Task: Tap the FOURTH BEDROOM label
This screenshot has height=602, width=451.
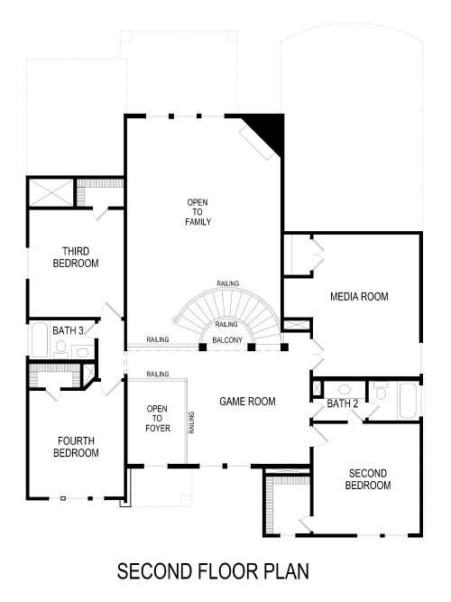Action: pos(78,447)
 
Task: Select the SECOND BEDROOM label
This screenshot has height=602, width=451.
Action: pos(368,478)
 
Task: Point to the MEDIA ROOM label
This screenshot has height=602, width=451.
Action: pos(359,297)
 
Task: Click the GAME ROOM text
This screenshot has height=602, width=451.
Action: pos(247,401)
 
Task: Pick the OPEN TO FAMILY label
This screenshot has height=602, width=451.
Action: pos(198,212)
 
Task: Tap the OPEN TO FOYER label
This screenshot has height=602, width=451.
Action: pos(157,418)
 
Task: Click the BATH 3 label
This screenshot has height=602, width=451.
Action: pos(68,331)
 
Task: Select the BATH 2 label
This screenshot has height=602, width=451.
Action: pos(343,403)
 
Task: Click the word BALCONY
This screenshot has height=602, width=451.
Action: pos(227,340)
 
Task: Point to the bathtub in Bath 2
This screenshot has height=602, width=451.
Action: pos(409,401)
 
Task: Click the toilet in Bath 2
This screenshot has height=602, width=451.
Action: pos(381,391)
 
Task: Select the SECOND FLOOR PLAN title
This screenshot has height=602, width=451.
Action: pos(213,571)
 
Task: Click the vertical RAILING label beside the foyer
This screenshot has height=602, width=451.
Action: pos(192,422)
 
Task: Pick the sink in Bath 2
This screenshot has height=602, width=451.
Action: pos(344,390)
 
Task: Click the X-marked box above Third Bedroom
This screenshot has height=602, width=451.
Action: pos(50,192)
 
